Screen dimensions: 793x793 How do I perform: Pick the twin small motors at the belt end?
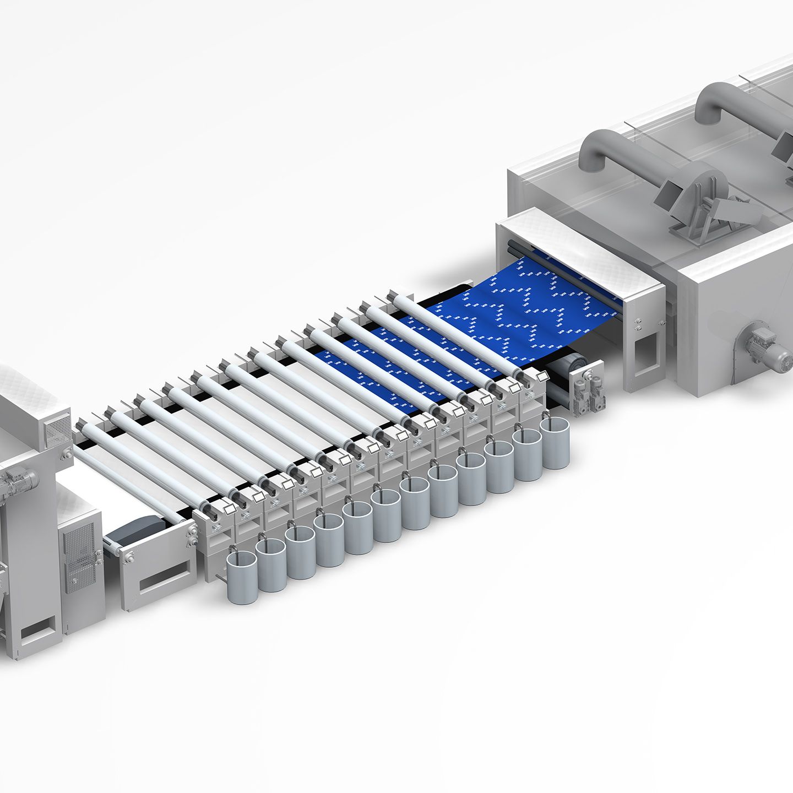pyautogui.click(x=586, y=385)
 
